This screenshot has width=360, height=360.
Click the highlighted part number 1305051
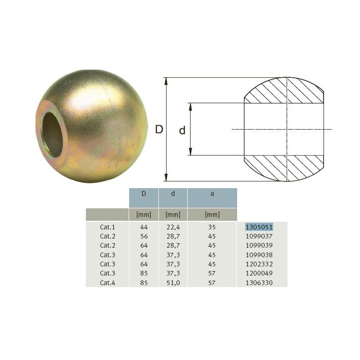point(259,227)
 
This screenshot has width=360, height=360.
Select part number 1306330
point(259,283)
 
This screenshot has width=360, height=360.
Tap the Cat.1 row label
point(107,227)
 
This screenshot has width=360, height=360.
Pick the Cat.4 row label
point(107,283)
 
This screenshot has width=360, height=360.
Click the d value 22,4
point(173,228)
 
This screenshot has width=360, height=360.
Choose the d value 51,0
point(173,283)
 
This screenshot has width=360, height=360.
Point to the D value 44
point(144,227)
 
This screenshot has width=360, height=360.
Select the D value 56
point(144,236)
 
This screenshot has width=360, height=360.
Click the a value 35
point(212,227)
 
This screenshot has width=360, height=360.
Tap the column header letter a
point(212,194)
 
